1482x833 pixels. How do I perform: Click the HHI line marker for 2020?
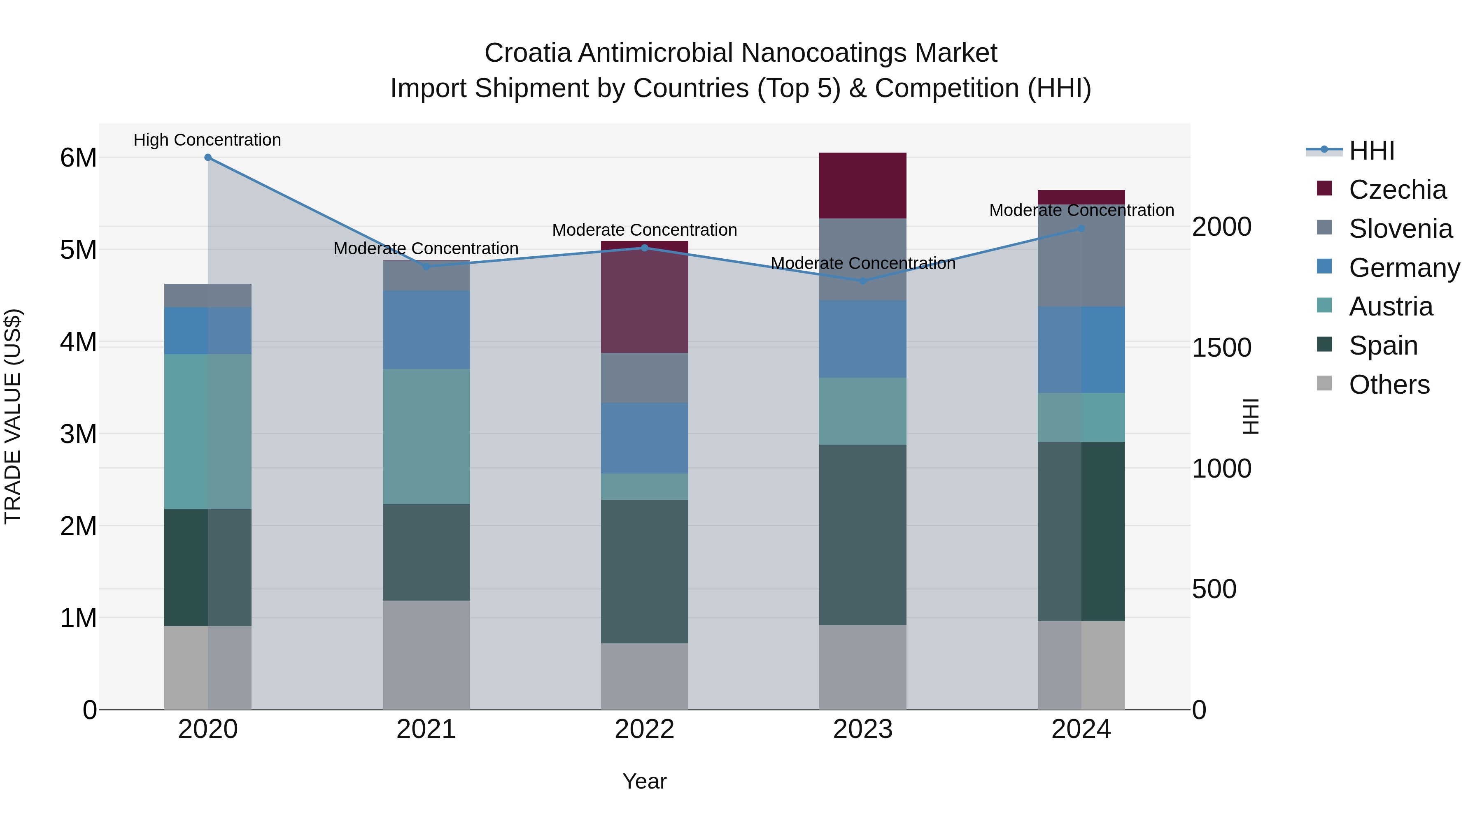208,158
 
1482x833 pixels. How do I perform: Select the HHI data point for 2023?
862,281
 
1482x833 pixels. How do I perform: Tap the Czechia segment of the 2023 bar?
862,185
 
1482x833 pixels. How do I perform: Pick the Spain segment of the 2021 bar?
426,552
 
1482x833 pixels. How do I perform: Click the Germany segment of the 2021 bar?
426,329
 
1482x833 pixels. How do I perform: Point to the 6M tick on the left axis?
78,158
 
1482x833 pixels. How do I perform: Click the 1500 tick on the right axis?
1221,347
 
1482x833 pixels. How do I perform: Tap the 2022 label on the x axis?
644,729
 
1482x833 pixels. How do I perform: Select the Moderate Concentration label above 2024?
1081,210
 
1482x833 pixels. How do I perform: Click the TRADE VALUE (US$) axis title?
13,416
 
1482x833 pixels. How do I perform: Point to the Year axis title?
644,781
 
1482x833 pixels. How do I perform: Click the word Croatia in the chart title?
528,53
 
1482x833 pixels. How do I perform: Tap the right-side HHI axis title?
1251,416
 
